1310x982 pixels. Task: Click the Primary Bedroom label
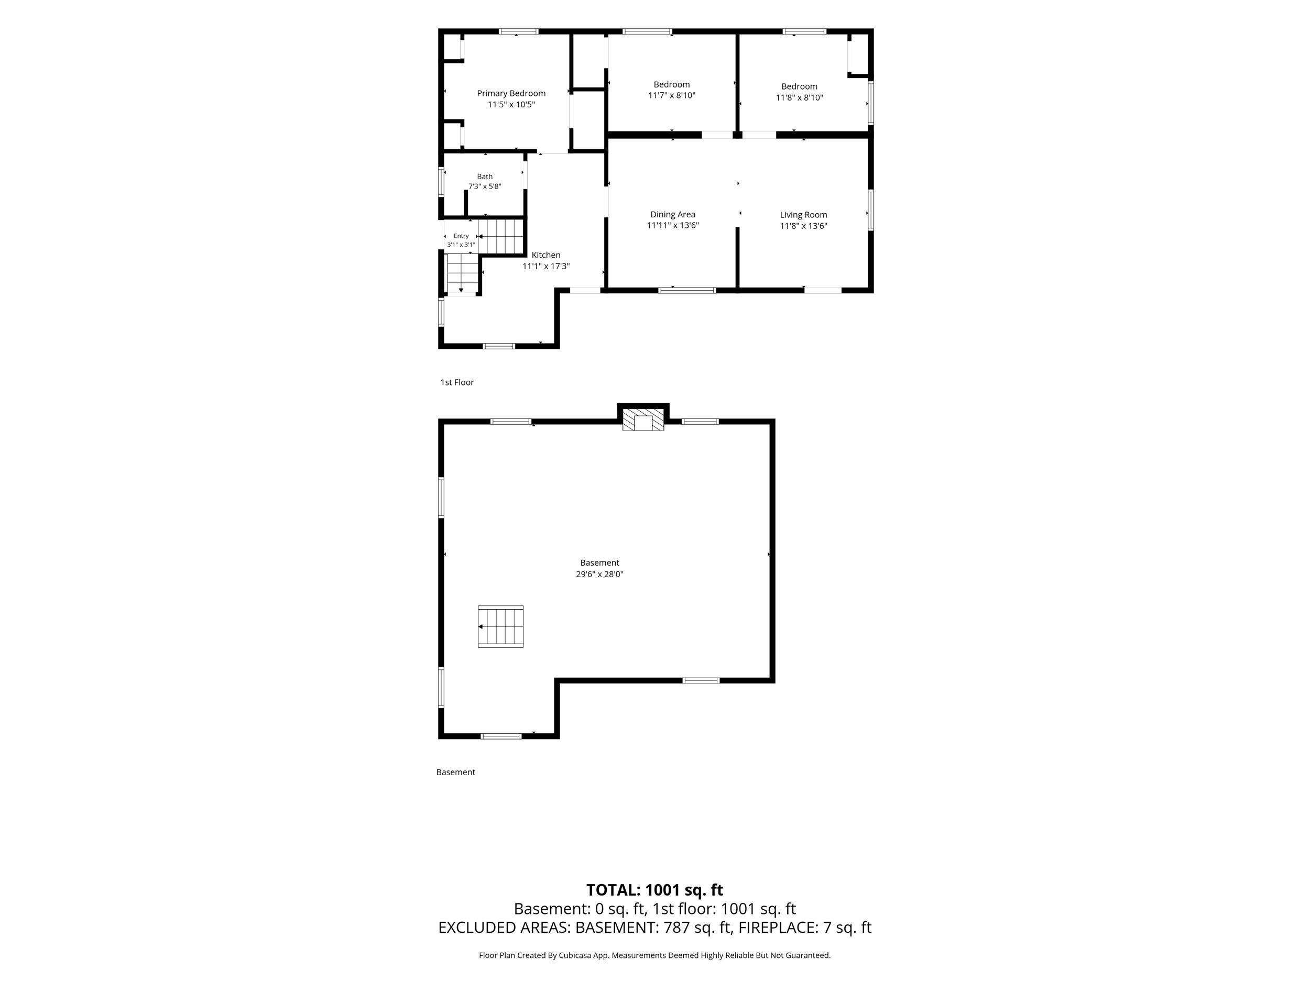(511, 93)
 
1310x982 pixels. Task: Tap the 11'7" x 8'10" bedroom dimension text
(672, 95)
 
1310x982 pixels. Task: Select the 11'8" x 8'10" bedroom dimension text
(800, 97)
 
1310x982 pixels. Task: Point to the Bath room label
(485, 176)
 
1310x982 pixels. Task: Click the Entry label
(461, 236)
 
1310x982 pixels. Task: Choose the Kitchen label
(546, 255)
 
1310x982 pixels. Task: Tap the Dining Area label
(673, 214)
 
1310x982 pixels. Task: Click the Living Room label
(804, 215)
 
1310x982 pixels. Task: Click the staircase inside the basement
(501, 626)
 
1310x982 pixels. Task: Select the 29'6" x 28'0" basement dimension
(600, 574)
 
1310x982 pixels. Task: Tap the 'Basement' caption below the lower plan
(456, 772)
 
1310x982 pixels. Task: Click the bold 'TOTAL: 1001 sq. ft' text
(654, 890)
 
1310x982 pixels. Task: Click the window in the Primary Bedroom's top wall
(518, 31)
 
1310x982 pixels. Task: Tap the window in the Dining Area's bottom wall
(687, 290)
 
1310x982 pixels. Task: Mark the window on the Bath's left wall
(441, 182)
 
